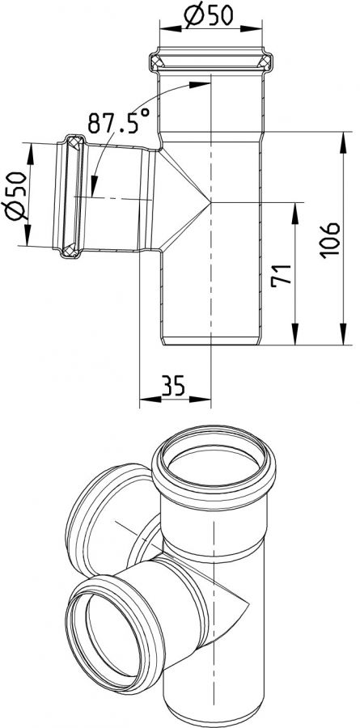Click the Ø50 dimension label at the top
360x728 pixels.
[208, 17]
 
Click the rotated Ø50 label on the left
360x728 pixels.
[15, 195]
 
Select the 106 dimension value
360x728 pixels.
[331, 240]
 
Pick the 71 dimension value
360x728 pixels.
[281, 275]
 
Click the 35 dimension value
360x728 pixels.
[173, 384]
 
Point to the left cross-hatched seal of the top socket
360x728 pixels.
[157, 61]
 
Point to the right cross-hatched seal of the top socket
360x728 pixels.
[265, 61]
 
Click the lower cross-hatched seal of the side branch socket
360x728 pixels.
[70, 250]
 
